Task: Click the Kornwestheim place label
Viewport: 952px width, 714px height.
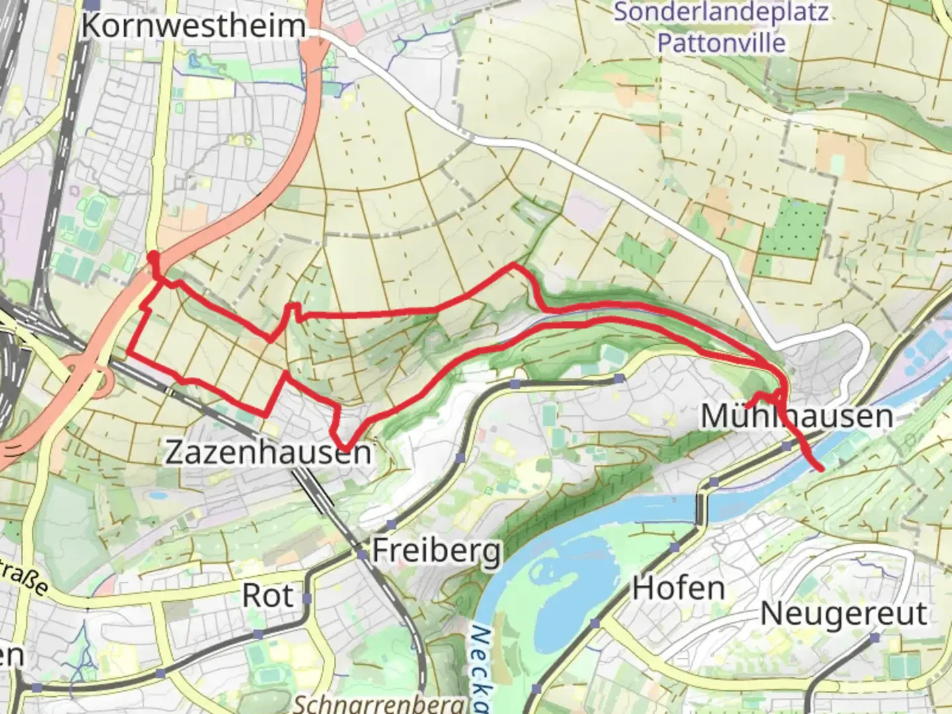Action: (x=194, y=26)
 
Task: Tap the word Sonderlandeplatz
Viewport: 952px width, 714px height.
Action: (x=721, y=12)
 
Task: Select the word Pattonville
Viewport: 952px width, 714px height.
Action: (x=721, y=43)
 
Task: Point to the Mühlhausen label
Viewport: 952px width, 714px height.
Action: (x=797, y=416)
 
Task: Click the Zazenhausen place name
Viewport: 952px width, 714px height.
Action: (x=268, y=453)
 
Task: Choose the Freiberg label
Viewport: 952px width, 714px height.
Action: (x=436, y=551)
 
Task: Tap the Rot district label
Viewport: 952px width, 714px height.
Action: (x=267, y=596)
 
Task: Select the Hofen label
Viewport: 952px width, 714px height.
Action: (x=678, y=588)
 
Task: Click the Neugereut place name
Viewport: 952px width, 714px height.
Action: (x=844, y=614)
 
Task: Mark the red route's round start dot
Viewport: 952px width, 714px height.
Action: (x=153, y=257)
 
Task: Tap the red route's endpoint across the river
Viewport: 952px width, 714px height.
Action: (x=820, y=469)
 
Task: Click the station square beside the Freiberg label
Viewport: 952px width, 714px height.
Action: (x=362, y=553)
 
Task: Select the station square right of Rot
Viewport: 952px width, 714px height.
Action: (x=307, y=598)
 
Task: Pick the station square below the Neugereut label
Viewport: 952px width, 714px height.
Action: (x=875, y=638)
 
